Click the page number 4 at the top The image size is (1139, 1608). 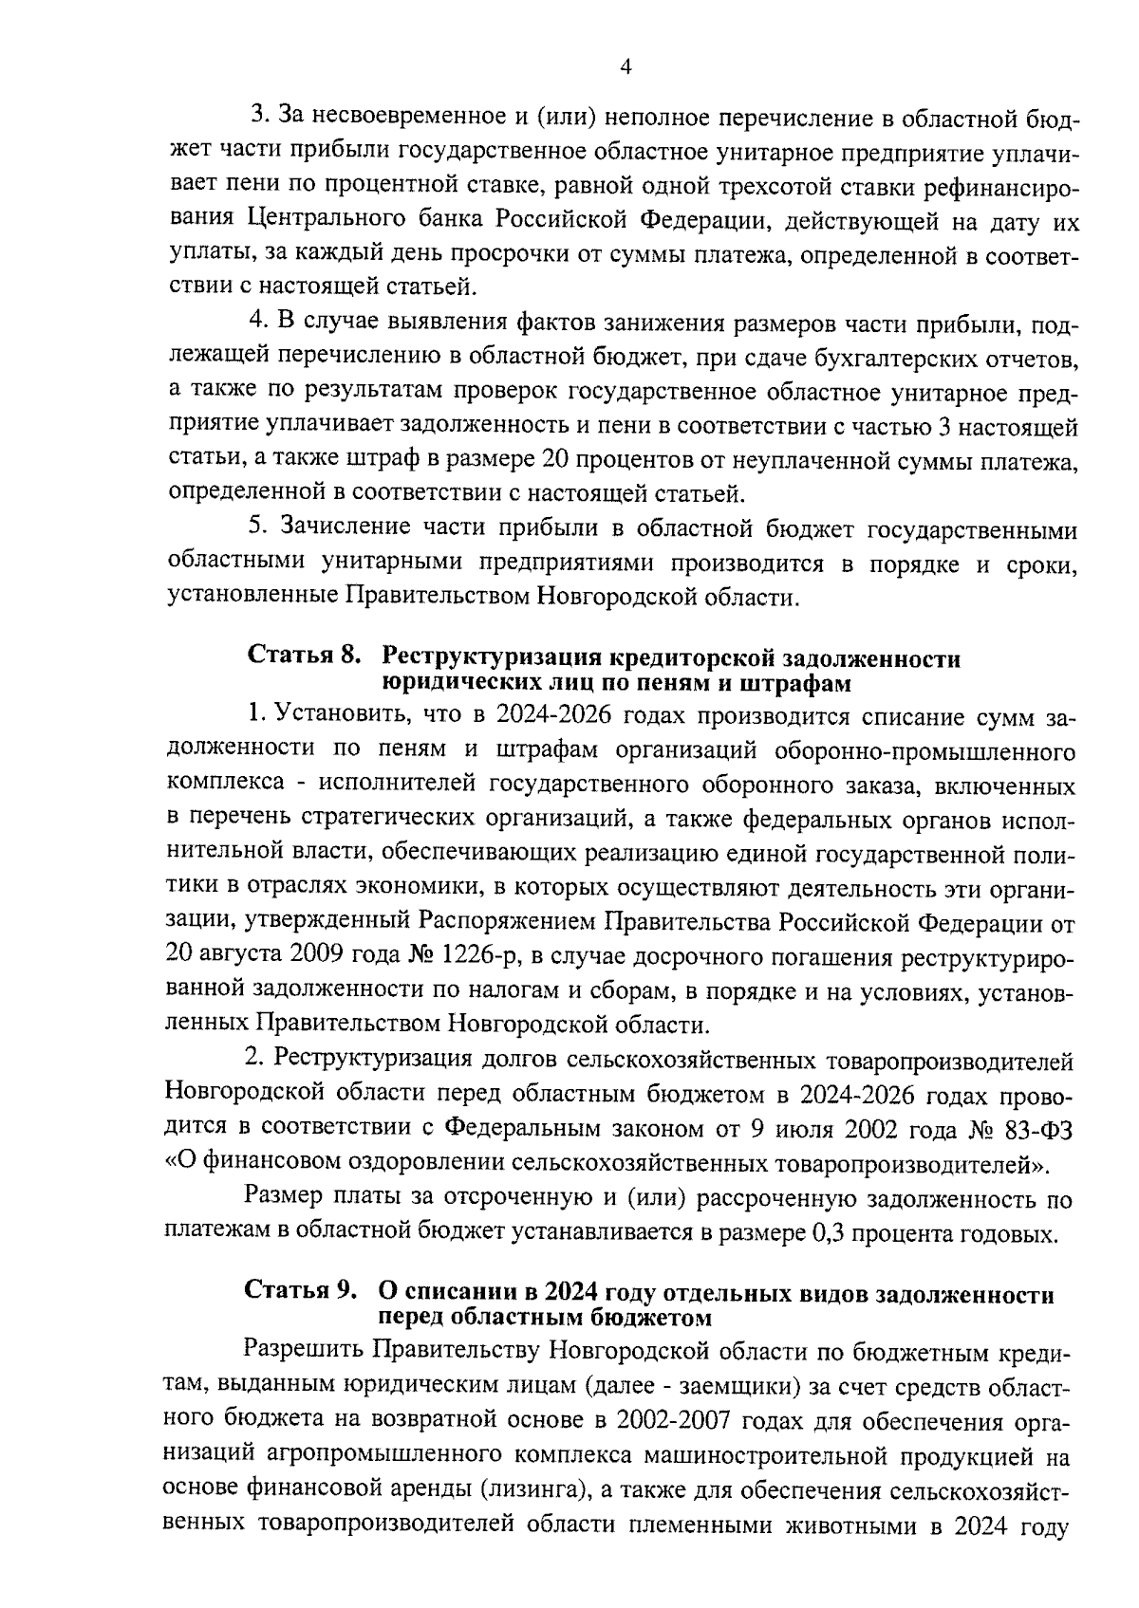click(x=624, y=65)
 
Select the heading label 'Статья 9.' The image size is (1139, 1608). click(x=301, y=1292)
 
